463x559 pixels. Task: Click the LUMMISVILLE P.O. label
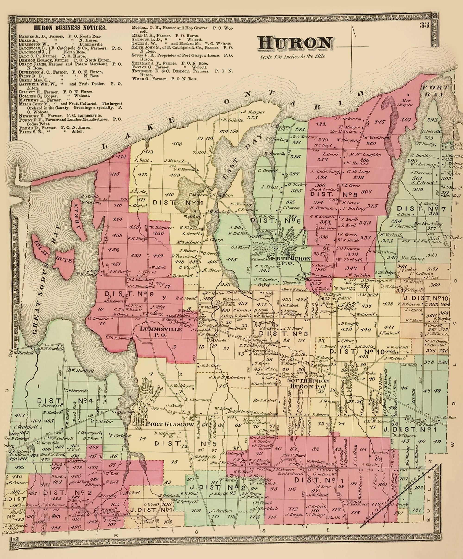pyautogui.click(x=161, y=331)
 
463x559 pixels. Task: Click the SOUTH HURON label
pyautogui.click(x=308, y=381)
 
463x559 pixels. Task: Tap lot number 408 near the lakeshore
pyautogui.click(x=177, y=144)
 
